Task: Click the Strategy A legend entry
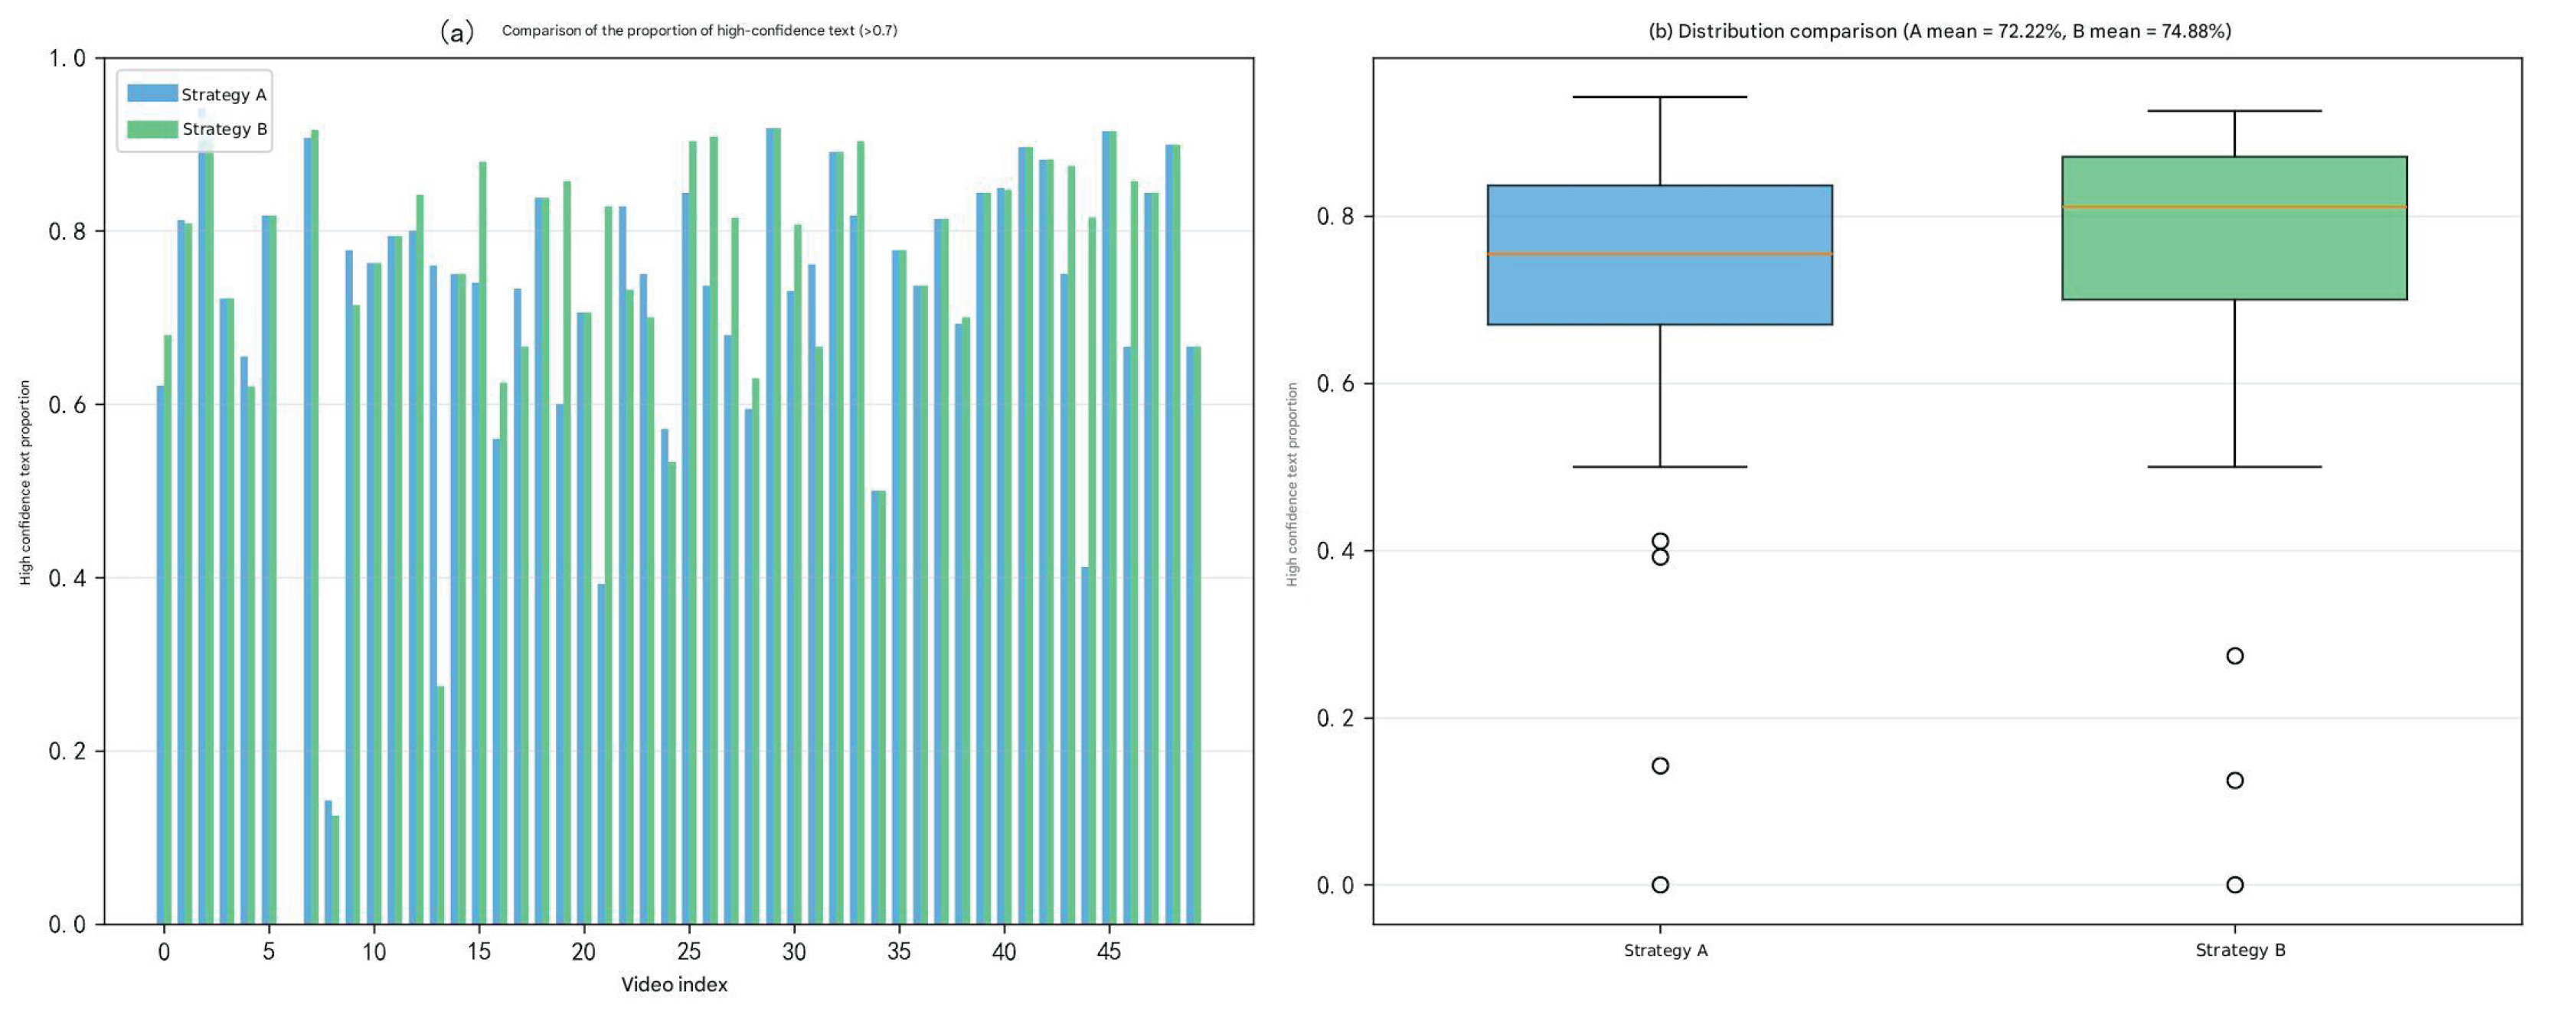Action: tap(197, 94)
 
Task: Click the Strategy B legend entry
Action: tap(197, 129)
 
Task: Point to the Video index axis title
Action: tap(674, 984)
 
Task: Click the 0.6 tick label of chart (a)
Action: tap(68, 405)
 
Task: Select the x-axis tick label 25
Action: tap(688, 952)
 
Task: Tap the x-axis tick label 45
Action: tap(1109, 952)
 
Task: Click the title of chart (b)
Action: tap(1940, 31)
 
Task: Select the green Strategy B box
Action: tap(2234, 227)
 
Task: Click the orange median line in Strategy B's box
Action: tap(2234, 207)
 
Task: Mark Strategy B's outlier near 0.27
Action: tap(2234, 656)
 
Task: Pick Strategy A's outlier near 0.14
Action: tap(1661, 765)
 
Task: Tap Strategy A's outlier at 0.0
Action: tap(1661, 885)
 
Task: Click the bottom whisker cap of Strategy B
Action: tap(2234, 467)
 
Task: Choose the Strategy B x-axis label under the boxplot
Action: tap(2240, 951)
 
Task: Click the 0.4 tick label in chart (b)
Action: tap(1337, 551)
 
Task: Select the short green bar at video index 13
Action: tap(440, 805)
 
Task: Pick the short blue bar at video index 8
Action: tap(328, 863)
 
